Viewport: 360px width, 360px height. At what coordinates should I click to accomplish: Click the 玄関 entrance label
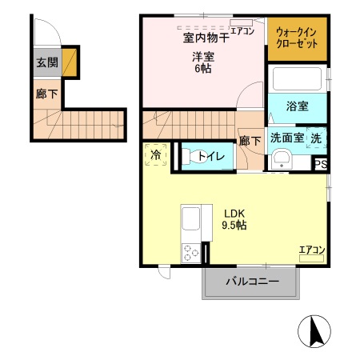click(46, 62)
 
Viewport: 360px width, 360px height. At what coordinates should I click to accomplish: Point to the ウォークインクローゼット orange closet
click(297, 38)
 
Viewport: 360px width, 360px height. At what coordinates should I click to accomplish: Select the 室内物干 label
click(200, 38)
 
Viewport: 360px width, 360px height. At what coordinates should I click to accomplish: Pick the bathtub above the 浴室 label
click(297, 81)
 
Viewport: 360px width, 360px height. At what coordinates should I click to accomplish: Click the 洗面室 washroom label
click(286, 137)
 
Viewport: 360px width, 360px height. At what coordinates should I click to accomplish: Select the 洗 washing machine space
click(318, 137)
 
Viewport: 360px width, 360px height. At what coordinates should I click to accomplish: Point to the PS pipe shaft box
click(320, 165)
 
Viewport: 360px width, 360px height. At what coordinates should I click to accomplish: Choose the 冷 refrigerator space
click(156, 154)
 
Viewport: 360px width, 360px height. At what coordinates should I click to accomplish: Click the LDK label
click(234, 213)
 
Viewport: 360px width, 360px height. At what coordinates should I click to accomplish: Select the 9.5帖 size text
click(234, 226)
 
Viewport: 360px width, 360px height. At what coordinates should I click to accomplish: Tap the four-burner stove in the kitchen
click(192, 253)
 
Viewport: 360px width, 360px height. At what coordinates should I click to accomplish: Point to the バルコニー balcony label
click(250, 282)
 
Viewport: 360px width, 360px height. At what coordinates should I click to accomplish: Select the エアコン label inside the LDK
click(311, 250)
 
